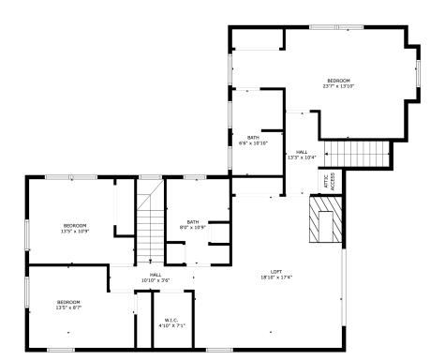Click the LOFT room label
[277, 271]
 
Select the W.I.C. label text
[171, 320]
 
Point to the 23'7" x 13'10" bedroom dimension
[338, 86]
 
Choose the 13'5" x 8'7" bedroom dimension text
[69, 307]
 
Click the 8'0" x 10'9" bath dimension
[192, 227]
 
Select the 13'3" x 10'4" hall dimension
[302, 157]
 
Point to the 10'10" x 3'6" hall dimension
[156, 280]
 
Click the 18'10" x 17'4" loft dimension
[277, 277]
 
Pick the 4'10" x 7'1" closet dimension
[171, 325]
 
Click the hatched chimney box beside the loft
[323, 221]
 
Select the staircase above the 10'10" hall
[150, 225]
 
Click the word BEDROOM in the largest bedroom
[338, 81]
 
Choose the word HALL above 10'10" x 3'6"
[156, 275]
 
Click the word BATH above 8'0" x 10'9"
[192, 221]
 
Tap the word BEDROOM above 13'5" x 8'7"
[69, 301]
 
